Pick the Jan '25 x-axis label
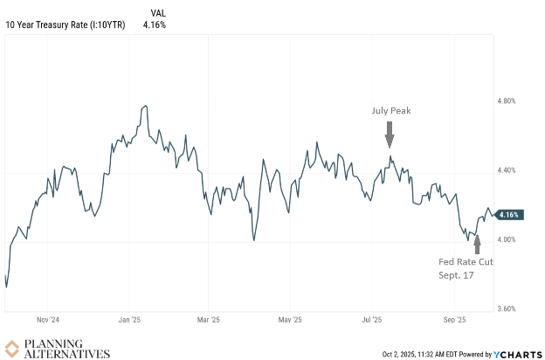pyautogui.click(x=129, y=321)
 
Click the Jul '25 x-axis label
pyautogui.click(x=372, y=321)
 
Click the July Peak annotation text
pyautogui.click(x=389, y=111)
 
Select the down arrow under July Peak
pyautogui.click(x=390, y=133)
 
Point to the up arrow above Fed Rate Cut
pyautogui.click(x=477, y=240)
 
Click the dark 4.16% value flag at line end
pyautogui.click(x=511, y=214)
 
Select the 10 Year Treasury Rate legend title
pyautogui.click(x=65, y=24)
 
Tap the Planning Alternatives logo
pyautogui.click(x=58, y=348)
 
